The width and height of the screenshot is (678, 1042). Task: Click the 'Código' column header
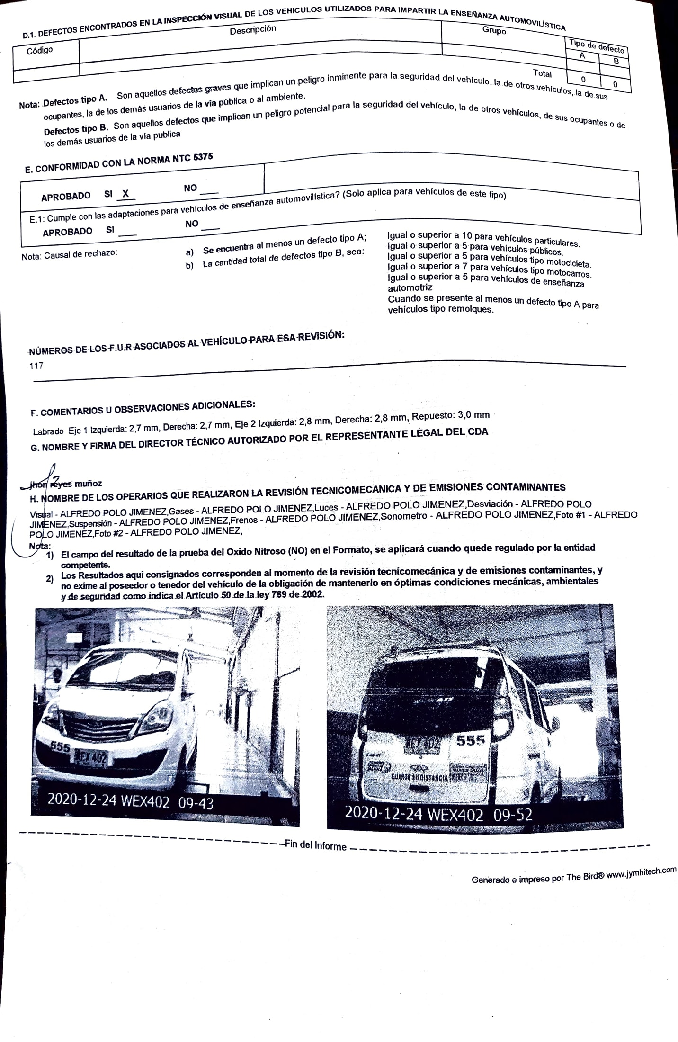[x=39, y=51]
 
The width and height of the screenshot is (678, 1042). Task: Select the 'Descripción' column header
[x=252, y=30]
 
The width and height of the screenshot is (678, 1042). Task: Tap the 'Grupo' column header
[x=494, y=30]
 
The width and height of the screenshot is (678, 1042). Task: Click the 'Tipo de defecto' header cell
[x=597, y=46]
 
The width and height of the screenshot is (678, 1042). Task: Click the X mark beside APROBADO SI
[x=125, y=193]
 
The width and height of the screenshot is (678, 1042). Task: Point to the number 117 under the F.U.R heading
[x=36, y=366]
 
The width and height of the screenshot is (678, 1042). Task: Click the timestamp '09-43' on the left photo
[x=196, y=803]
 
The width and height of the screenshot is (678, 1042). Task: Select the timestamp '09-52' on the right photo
[x=513, y=814]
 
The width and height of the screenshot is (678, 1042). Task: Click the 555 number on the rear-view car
[x=471, y=740]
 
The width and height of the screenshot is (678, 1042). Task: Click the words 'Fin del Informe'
[x=315, y=845]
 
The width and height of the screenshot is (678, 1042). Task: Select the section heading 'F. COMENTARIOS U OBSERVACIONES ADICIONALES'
[x=143, y=409]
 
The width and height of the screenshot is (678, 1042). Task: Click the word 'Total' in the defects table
[x=542, y=73]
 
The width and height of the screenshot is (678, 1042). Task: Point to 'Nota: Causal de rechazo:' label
[x=69, y=254]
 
